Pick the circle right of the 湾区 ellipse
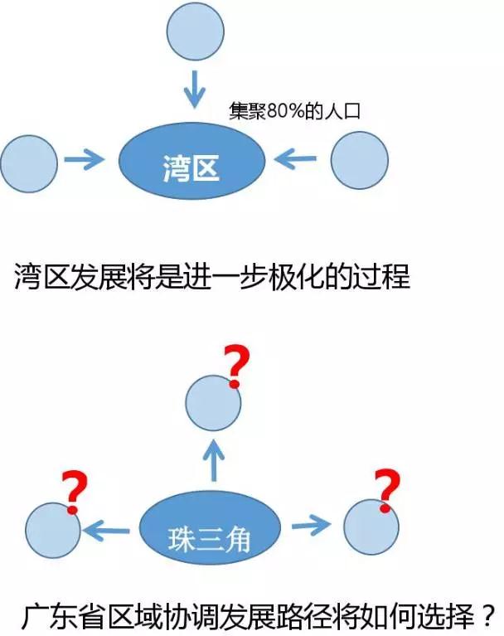click(x=360, y=160)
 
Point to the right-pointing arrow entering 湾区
click(x=85, y=159)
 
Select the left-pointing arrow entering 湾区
click(x=296, y=158)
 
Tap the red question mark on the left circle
click(x=74, y=492)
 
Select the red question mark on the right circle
click(x=385, y=488)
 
